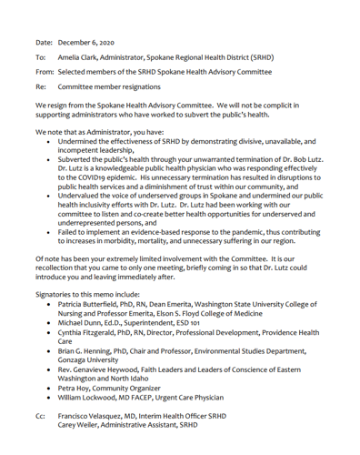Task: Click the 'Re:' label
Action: point(41,86)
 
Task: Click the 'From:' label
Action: point(45,71)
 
